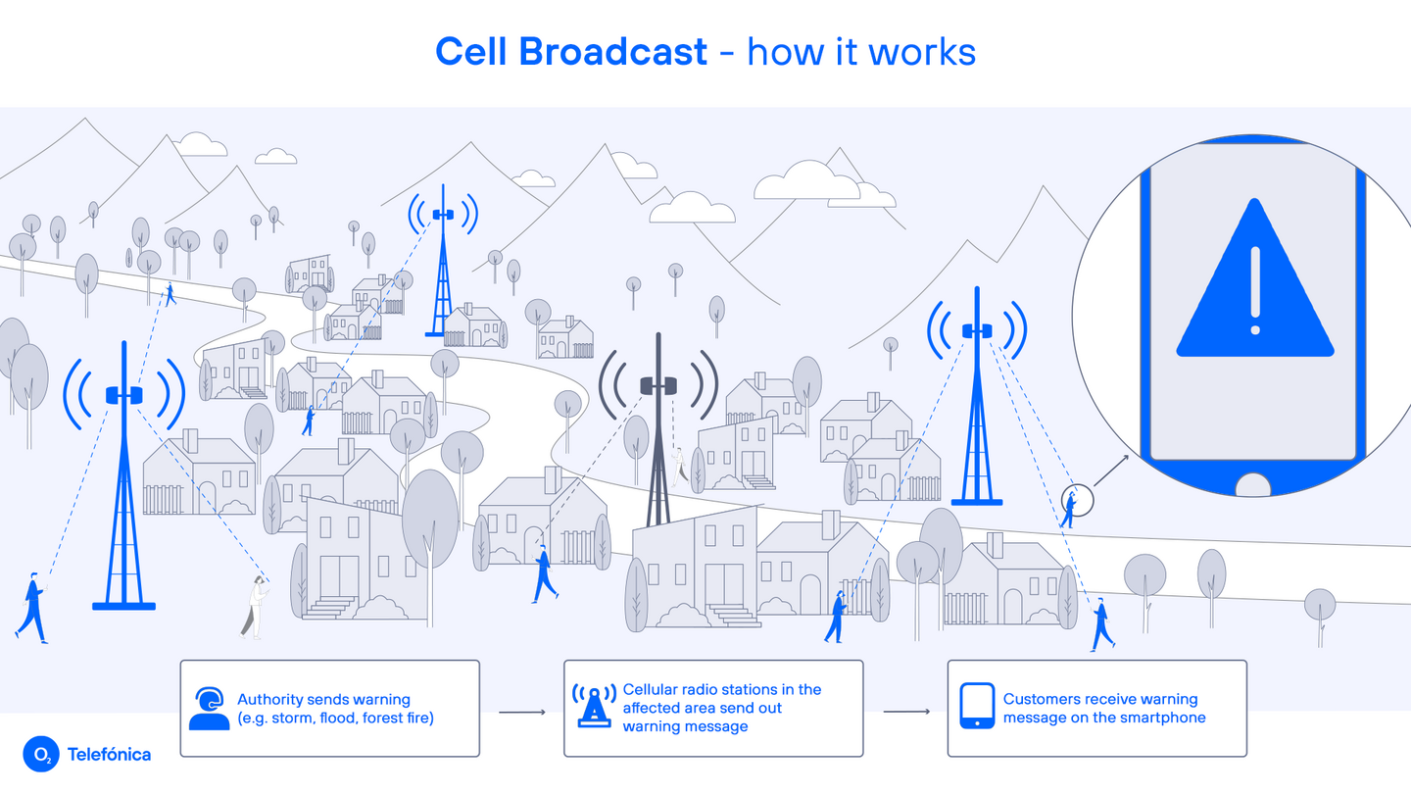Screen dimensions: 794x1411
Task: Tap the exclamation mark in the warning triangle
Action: [x=1254, y=289]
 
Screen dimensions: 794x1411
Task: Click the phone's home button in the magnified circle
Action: [x=1253, y=484]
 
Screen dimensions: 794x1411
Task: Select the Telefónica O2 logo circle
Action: [x=42, y=754]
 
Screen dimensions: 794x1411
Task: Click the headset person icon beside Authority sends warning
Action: [x=209, y=709]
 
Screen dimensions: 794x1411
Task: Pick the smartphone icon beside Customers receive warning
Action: [x=976, y=707]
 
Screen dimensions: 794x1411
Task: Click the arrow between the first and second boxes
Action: [x=521, y=712]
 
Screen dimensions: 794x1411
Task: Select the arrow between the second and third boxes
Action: [x=905, y=712]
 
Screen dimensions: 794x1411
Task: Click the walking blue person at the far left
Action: [x=31, y=608]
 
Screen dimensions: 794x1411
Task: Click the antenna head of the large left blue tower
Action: [x=124, y=395]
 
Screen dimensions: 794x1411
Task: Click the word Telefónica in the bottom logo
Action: [x=109, y=755]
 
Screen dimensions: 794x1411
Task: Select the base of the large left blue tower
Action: [x=123, y=606]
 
